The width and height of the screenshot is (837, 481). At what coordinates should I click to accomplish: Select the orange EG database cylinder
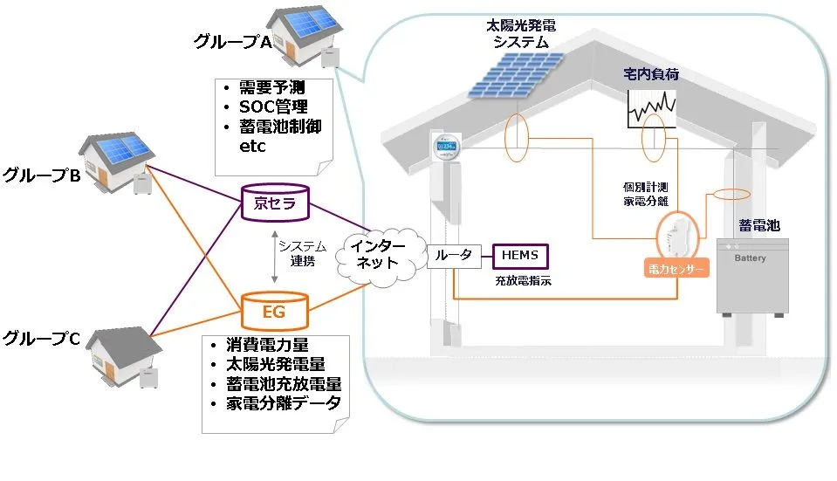tap(274, 309)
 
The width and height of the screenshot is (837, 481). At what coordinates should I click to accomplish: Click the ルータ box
tap(454, 255)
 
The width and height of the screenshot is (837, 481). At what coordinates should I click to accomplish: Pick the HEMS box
tap(520, 255)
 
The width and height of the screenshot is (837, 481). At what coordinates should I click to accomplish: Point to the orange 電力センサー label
tap(674, 270)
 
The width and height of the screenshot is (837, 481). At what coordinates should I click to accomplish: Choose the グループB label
tap(41, 175)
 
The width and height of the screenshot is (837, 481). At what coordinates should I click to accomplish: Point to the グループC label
tap(41, 339)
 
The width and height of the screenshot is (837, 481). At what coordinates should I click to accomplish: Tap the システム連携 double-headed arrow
tap(275, 258)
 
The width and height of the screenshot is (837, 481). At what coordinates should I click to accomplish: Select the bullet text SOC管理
tap(273, 107)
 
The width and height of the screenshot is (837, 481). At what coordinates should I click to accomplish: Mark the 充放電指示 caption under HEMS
tap(523, 282)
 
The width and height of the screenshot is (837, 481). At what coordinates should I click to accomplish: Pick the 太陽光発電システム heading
tap(521, 34)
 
